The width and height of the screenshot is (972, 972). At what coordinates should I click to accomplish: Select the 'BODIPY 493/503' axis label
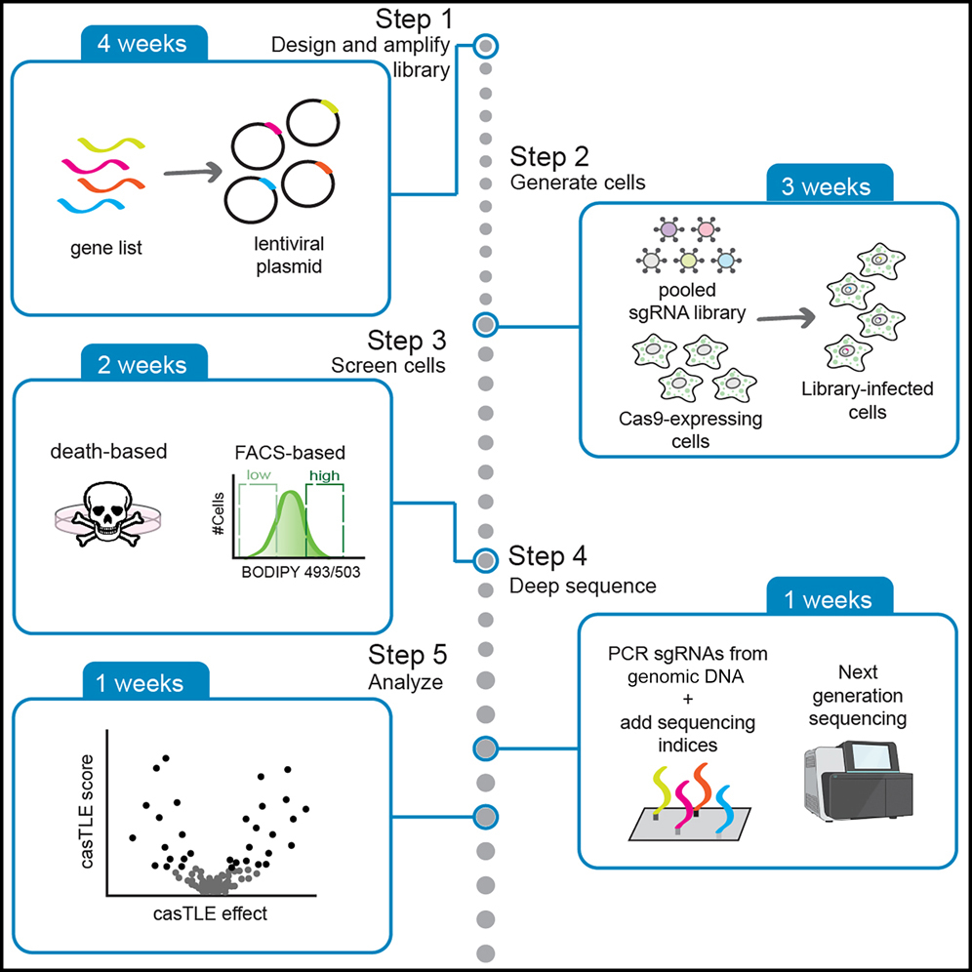301,573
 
